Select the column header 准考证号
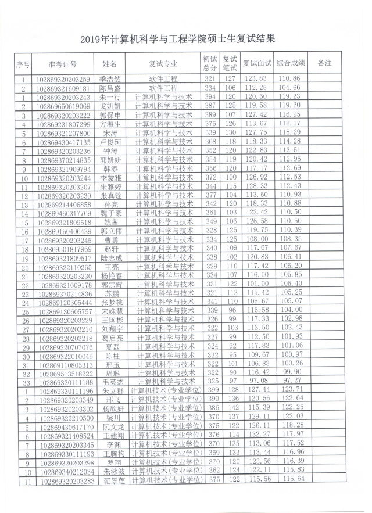click(x=62, y=64)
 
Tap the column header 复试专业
click(x=163, y=64)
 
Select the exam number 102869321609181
click(x=63, y=88)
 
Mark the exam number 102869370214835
click(x=63, y=160)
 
